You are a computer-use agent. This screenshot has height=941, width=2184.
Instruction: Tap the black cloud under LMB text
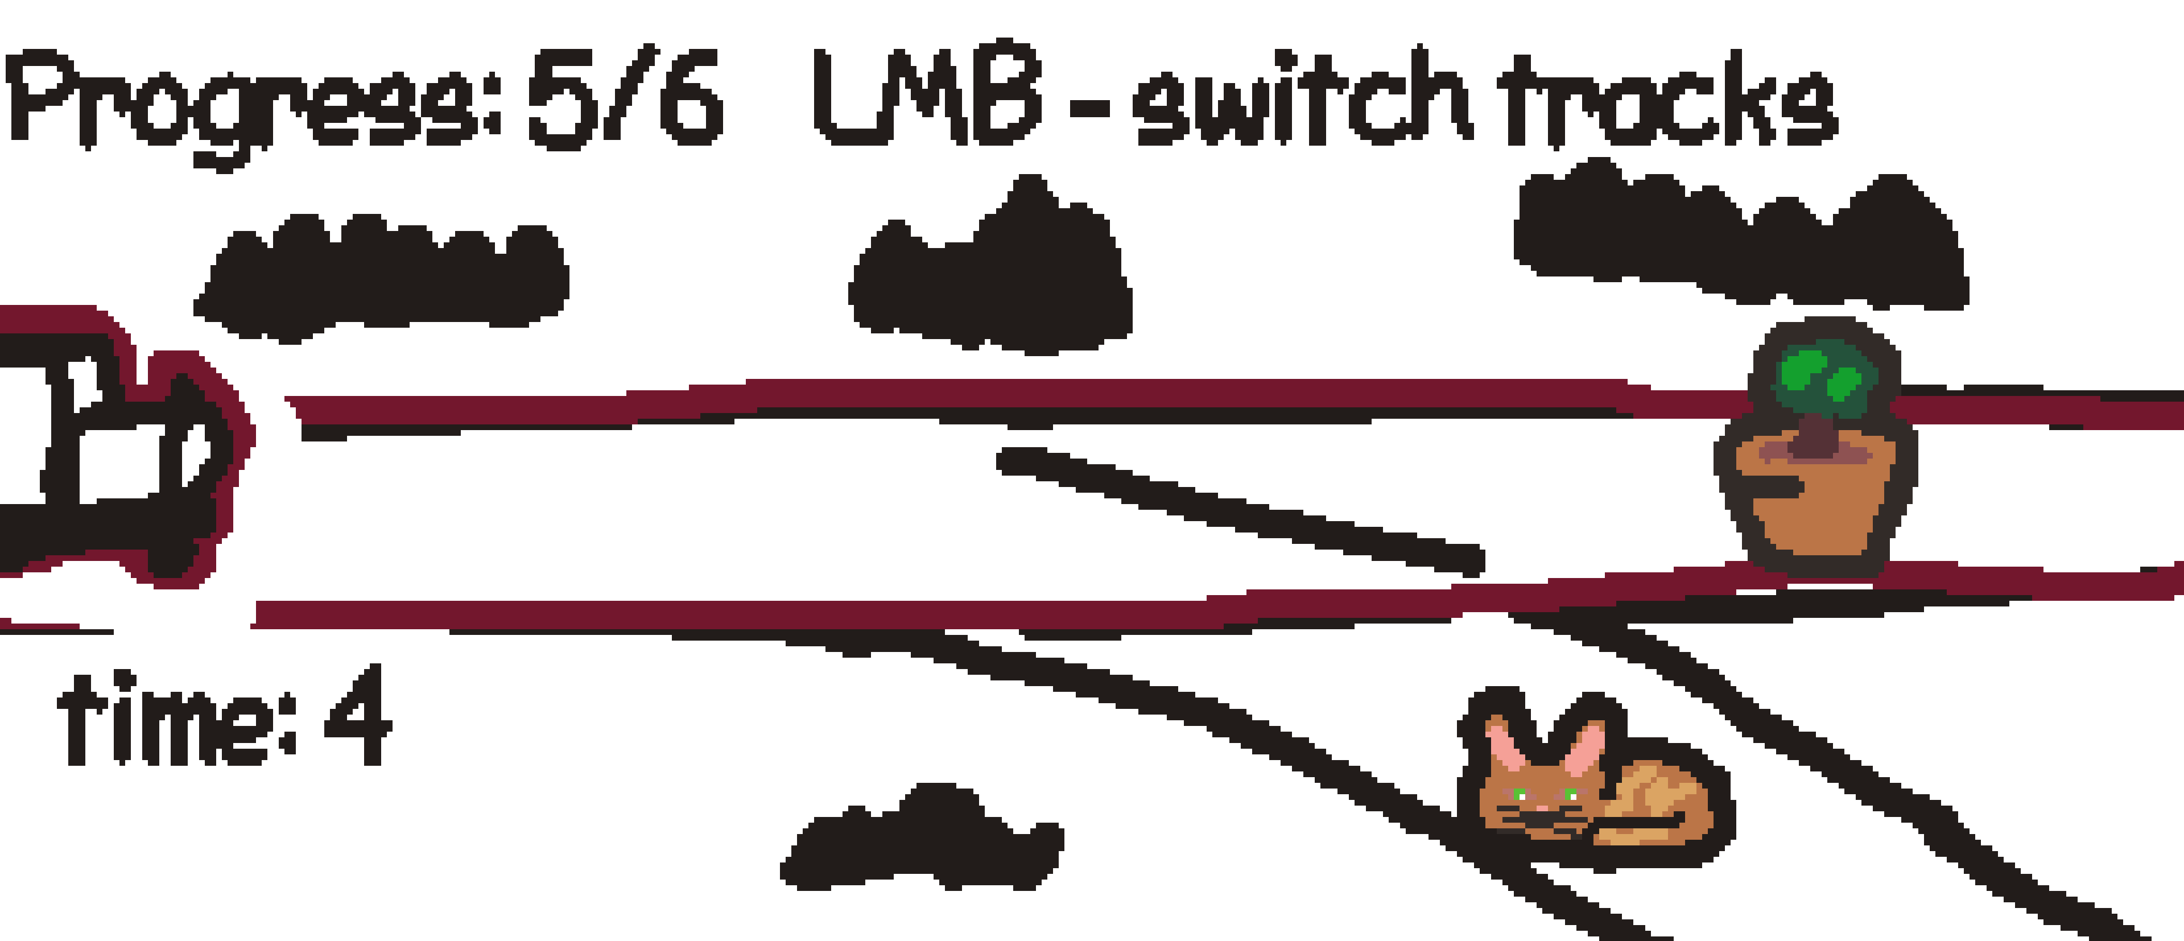coord(992,280)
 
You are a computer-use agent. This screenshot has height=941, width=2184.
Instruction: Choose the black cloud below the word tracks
coord(1738,242)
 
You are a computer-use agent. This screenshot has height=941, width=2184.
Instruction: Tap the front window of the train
coord(195,449)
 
